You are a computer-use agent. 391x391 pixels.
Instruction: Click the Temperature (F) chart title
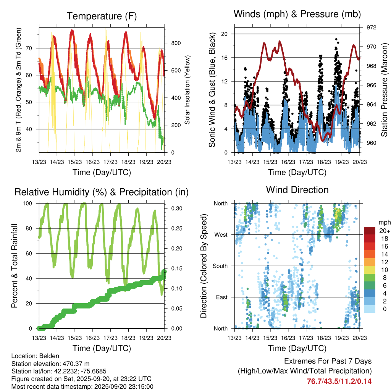click(102, 16)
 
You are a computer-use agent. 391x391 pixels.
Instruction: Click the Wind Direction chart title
click(297, 190)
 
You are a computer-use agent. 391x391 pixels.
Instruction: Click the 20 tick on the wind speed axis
click(225, 34)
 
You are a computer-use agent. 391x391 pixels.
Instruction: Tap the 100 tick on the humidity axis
click(29, 204)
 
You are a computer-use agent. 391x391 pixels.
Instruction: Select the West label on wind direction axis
click(221, 234)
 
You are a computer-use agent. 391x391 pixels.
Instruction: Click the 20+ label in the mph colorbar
click(384, 231)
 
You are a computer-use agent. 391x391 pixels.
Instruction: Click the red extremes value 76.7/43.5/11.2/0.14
click(339, 381)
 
